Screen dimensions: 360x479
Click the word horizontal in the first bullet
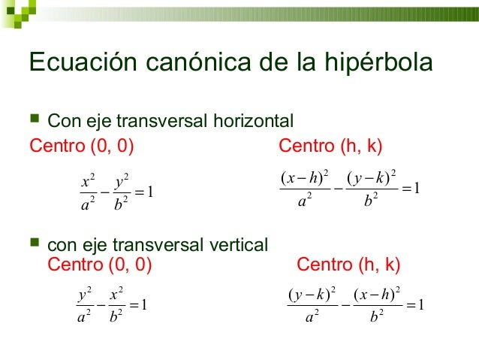pyautogui.click(x=253, y=121)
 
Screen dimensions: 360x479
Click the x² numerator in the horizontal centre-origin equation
pyautogui.click(x=85, y=180)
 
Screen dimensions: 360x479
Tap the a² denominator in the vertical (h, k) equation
pyautogui.click(x=312, y=317)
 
